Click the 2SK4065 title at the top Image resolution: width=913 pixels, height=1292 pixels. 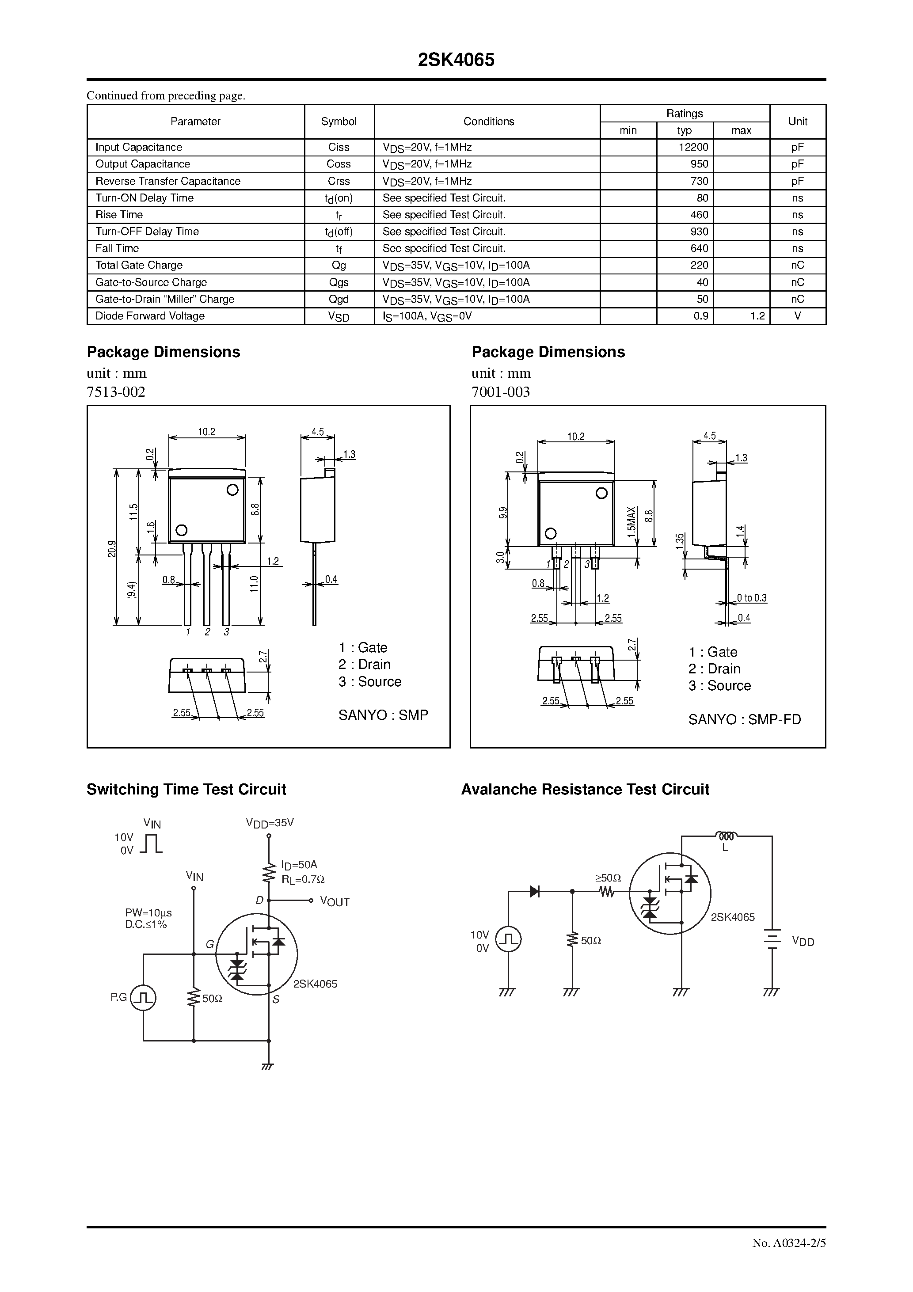click(x=456, y=60)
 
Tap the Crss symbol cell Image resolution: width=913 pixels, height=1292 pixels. click(x=339, y=181)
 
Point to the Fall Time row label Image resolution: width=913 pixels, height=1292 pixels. click(x=117, y=248)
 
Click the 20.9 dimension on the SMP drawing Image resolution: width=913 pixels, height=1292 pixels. click(x=112, y=548)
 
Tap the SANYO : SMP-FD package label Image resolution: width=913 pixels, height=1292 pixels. click(x=744, y=719)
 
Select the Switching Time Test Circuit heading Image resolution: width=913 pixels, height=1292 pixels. click(x=186, y=790)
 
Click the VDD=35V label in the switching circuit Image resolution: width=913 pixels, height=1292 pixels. click(x=270, y=823)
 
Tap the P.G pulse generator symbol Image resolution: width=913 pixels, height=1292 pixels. click(x=143, y=998)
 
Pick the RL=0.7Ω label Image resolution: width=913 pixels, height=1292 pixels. click(x=303, y=879)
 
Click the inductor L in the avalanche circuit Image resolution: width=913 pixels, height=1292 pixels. click(x=726, y=836)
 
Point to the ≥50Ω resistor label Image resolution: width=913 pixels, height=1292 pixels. click(x=608, y=878)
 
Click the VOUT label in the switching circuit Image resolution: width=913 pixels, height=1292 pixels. click(x=335, y=901)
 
